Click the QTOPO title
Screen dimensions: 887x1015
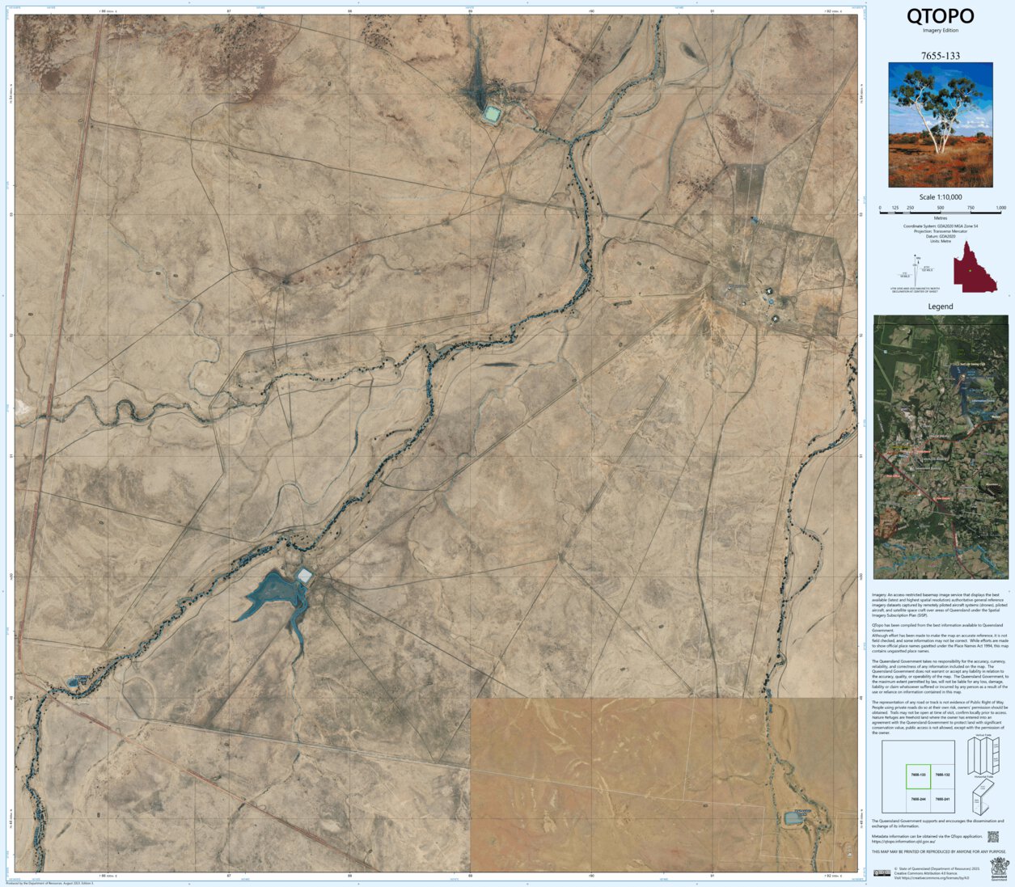[940, 16]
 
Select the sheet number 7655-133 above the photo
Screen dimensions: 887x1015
[940, 56]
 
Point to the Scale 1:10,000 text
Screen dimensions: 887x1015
[940, 197]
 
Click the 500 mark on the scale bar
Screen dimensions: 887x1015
[941, 209]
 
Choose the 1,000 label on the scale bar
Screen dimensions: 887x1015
[1000, 208]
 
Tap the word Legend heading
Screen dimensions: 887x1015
[940, 306]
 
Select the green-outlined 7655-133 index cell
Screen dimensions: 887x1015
[918, 775]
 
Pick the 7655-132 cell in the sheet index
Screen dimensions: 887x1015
[942, 775]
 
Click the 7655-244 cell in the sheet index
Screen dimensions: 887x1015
[918, 800]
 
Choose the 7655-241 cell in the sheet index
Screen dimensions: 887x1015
[942, 800]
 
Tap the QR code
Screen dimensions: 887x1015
[993, 838]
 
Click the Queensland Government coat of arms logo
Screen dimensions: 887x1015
[999, 867]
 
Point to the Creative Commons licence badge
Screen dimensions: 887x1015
[882, 872]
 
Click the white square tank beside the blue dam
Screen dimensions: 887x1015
[305, 576]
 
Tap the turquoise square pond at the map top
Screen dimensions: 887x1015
[492, 113]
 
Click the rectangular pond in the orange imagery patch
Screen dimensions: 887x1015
[793, 818]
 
